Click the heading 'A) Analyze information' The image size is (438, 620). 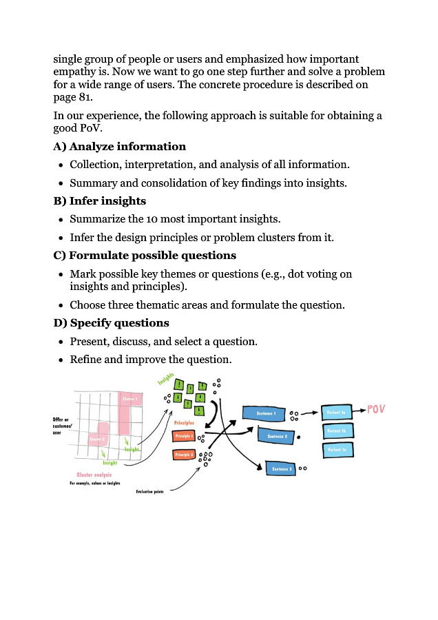[x=119, y=146]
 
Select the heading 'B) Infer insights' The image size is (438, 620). [x=99, y=200]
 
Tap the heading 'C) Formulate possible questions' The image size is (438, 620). [x=144, y=255]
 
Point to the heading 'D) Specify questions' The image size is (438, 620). [x=111, y=322]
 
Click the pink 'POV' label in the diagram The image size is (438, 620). [x=375, y=409]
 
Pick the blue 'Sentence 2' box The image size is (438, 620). [x=277, y=436]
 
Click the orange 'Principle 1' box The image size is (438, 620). [x=184, y=436]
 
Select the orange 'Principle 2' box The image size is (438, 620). [x=184, y=455]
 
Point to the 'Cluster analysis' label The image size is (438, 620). [x=95, y=475]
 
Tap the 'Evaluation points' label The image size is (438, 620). [x=149, y=491]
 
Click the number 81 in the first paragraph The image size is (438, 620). [x=83, y=97]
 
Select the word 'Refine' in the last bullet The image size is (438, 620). [x=87, y=359]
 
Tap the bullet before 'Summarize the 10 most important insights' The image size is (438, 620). [x=61, y=219]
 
